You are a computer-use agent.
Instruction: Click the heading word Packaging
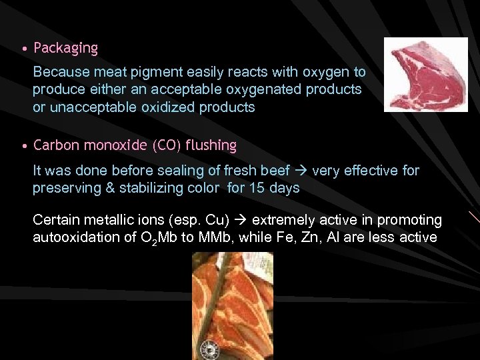(x=65, y=49)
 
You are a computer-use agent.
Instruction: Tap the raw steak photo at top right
(x=425, y=74)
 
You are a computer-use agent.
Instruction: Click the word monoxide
(x=115, y=145)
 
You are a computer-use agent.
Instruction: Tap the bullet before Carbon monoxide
(x=23, y=146)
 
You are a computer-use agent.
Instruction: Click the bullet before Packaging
(x=23, y=49)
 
